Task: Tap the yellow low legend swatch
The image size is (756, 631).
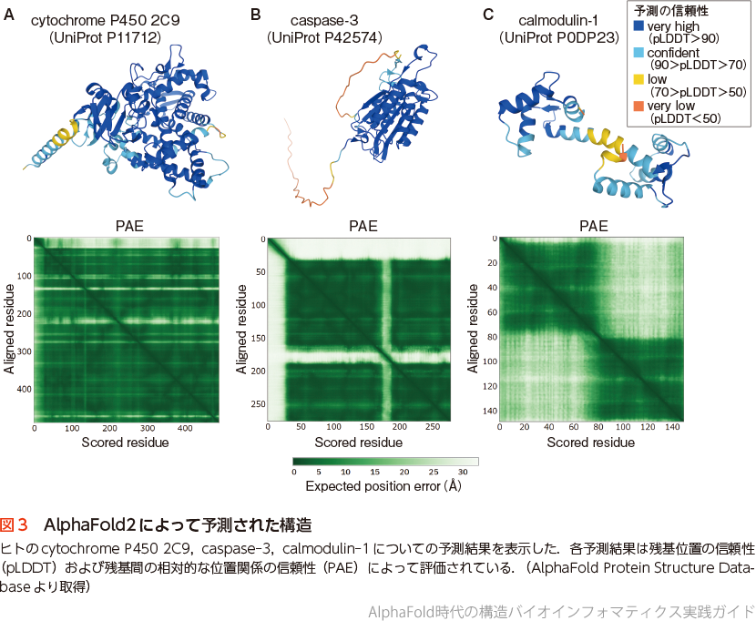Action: [639, 81]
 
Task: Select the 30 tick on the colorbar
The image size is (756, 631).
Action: [462, 473]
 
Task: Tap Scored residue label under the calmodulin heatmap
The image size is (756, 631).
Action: [591, 443]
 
